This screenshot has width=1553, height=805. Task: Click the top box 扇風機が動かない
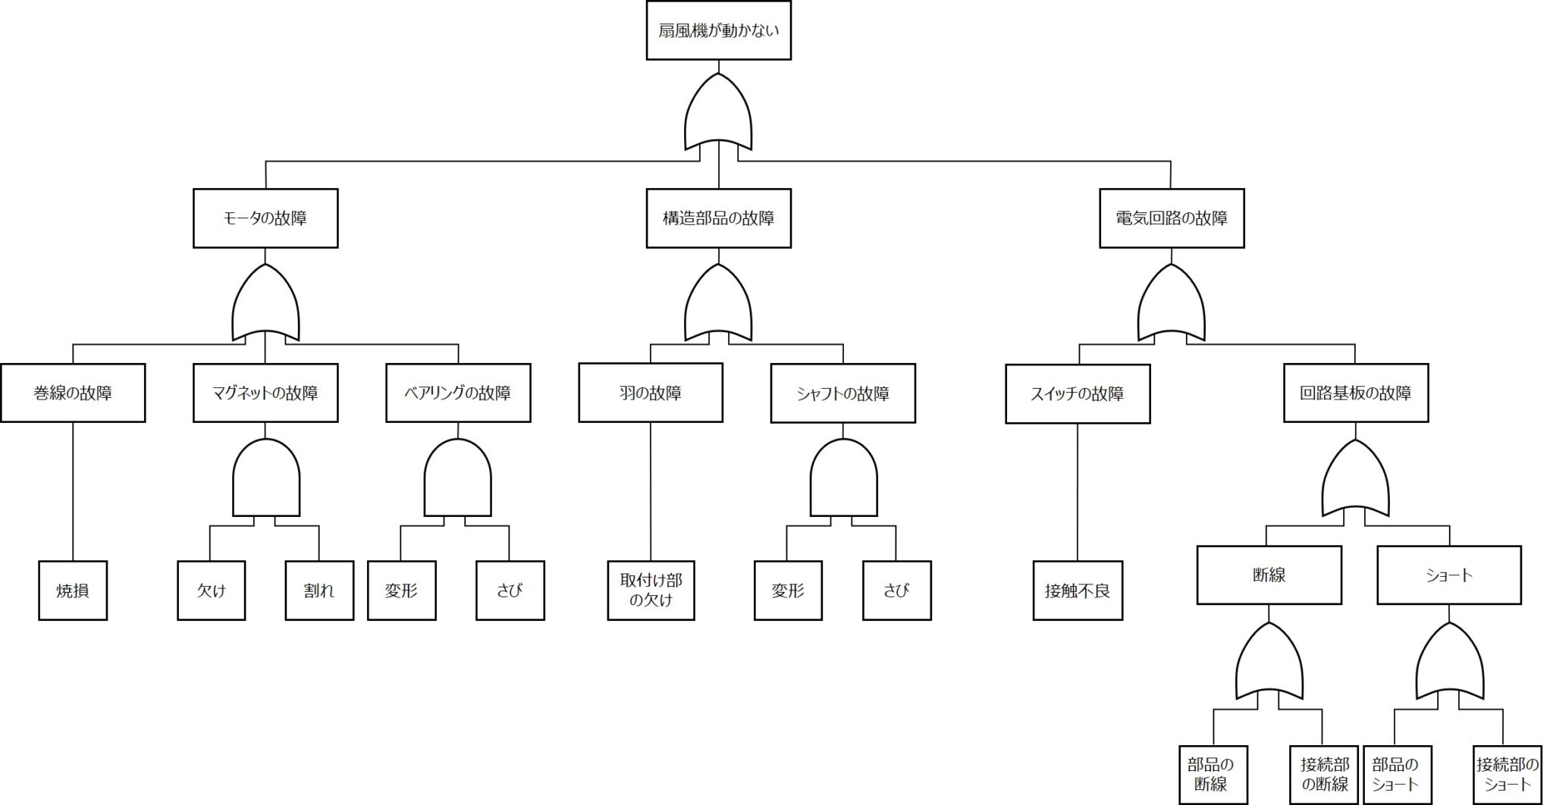(x=718, y=31)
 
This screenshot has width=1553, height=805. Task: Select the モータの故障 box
(x=265, y=218)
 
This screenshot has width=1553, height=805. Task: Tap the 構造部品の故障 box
(x=718, y=218)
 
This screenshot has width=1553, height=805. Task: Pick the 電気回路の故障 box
(x=1172, y=218)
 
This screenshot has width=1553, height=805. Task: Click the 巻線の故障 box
(x=73, y=393)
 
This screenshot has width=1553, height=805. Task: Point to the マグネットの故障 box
(x=265, y=393)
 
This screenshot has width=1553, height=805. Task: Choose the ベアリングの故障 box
(x=458, y=393)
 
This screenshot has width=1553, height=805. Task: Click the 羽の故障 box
(x=651, y=393)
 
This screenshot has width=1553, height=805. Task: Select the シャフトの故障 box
(x=843, y=393)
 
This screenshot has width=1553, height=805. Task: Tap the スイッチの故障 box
(x=1078, y=394)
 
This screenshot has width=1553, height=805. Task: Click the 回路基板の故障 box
(x=1356, y=393)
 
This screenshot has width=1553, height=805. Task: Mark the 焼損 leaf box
(x=73, y=590)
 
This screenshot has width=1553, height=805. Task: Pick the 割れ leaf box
(x=319, y=590)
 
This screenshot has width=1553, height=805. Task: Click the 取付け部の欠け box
(x=651, y=590)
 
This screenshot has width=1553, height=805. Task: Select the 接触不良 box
(x=1078, y=590)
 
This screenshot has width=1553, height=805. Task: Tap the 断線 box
(x=1269, y=575)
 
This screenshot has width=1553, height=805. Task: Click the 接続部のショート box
(x=1507, y=774)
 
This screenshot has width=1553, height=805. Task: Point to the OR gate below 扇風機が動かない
(x=718, y=114)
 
